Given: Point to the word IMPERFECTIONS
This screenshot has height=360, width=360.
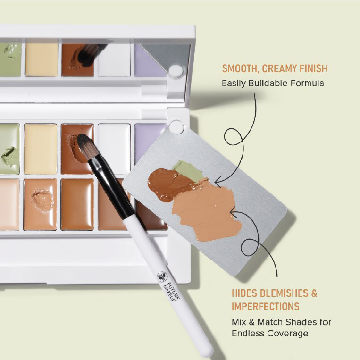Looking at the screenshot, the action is click(x=266, y=306).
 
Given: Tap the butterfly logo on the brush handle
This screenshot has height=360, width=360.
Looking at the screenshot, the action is click(x=162, y=276).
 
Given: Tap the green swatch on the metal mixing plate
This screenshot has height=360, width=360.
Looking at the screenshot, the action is click(x=188, y=171).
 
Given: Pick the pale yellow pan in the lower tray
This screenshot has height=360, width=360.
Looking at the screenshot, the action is click(x=41, y=149).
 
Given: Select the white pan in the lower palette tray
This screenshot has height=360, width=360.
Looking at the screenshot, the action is click(x=114, y=147).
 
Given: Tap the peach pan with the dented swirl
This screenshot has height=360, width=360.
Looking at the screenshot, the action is click(x=40, y=204).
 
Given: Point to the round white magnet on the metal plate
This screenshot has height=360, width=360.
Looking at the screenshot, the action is click(x=176, y=127).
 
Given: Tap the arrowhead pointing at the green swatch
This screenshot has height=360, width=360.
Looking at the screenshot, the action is click(x=217, y=183).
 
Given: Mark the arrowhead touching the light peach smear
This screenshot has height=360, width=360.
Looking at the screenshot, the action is click(x=233, y=212).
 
